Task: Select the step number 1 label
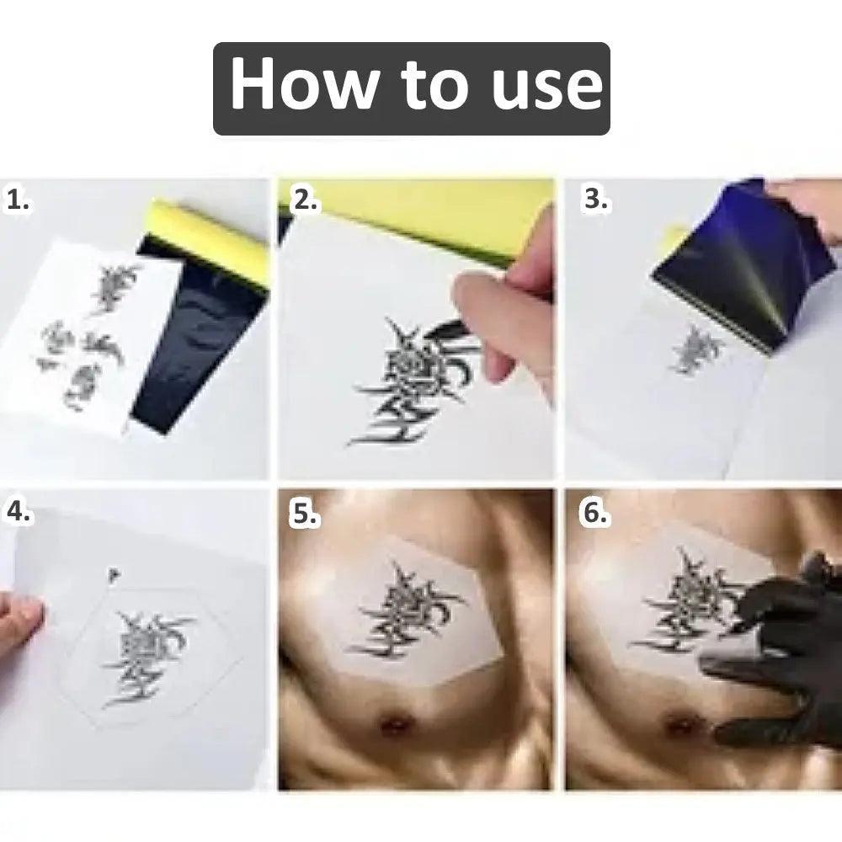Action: click(19, 200)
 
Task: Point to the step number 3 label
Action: click(595, 200)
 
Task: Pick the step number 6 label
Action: click(594, 513)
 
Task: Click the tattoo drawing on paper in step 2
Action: click(404, 383)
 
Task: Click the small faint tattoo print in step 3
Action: click(697, 349)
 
